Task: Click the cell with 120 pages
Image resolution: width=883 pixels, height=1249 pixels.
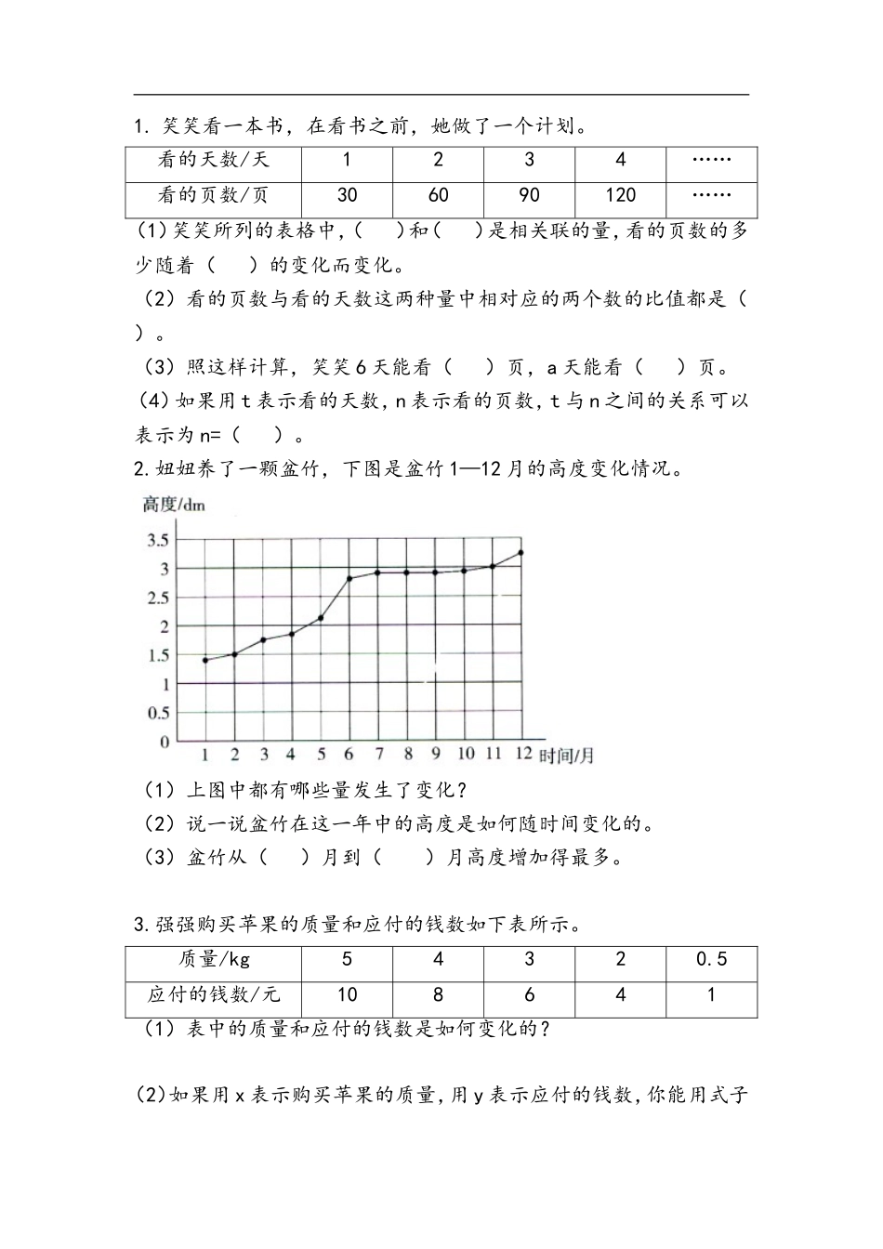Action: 620,195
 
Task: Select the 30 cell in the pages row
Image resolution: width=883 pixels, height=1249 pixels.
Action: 347,195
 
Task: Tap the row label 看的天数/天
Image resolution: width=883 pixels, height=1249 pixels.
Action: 214,160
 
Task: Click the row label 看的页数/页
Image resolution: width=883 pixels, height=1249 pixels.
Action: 214,195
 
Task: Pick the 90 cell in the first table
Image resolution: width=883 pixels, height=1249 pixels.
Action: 529,195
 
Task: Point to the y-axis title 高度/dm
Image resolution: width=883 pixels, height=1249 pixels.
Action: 174,506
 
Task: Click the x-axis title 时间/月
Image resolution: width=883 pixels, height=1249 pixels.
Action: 566,756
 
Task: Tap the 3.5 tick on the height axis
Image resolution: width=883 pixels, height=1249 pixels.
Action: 158,540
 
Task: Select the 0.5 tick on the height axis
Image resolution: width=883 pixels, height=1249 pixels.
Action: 158,713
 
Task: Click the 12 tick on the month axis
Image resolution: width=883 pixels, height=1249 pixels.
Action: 523,754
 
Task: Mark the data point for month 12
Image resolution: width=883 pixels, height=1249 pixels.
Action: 521,553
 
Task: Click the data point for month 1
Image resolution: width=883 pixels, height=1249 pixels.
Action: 205,660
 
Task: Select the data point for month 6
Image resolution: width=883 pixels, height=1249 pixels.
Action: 349,579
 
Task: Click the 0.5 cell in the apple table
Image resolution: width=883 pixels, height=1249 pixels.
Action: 711,959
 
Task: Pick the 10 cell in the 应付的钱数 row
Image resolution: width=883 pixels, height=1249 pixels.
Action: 347,994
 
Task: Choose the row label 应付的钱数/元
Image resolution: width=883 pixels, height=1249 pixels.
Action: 214,994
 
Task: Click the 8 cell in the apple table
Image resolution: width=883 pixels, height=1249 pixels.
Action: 438,994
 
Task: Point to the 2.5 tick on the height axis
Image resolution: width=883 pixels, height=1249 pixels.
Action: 158,598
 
